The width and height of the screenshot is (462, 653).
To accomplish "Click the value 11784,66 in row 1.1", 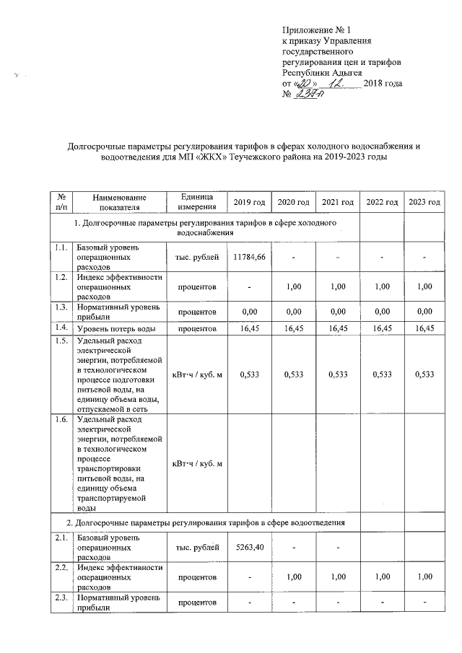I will pyautogui.click(x=250, y=257).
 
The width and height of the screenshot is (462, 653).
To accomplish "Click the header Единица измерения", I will pyautogui.click(x=196, y=201).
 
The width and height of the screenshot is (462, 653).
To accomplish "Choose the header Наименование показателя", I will pyautogui.click(x=119, y=201).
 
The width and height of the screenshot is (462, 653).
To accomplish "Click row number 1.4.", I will pyautogui.click(x=61, y=328).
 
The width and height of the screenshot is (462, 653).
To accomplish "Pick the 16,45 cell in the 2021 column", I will pyautogui.click(x=338, y=329).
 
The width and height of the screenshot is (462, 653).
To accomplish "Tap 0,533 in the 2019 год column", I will pyautogui.click(x=250, y=374).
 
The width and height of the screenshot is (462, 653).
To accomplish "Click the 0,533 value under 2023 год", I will pyautogui.click(x=424, y=374).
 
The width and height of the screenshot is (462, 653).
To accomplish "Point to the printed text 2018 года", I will pyautogui.click(x=383, y=85).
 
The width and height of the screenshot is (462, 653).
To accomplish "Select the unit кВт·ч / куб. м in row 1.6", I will pyautogui.click(x=196, y=463).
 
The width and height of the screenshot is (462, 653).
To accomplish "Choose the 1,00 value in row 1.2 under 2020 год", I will pyautogui.click(x=293, y=286).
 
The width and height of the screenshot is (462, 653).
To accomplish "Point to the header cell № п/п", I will pyautogui.click(x=61, y=201).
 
